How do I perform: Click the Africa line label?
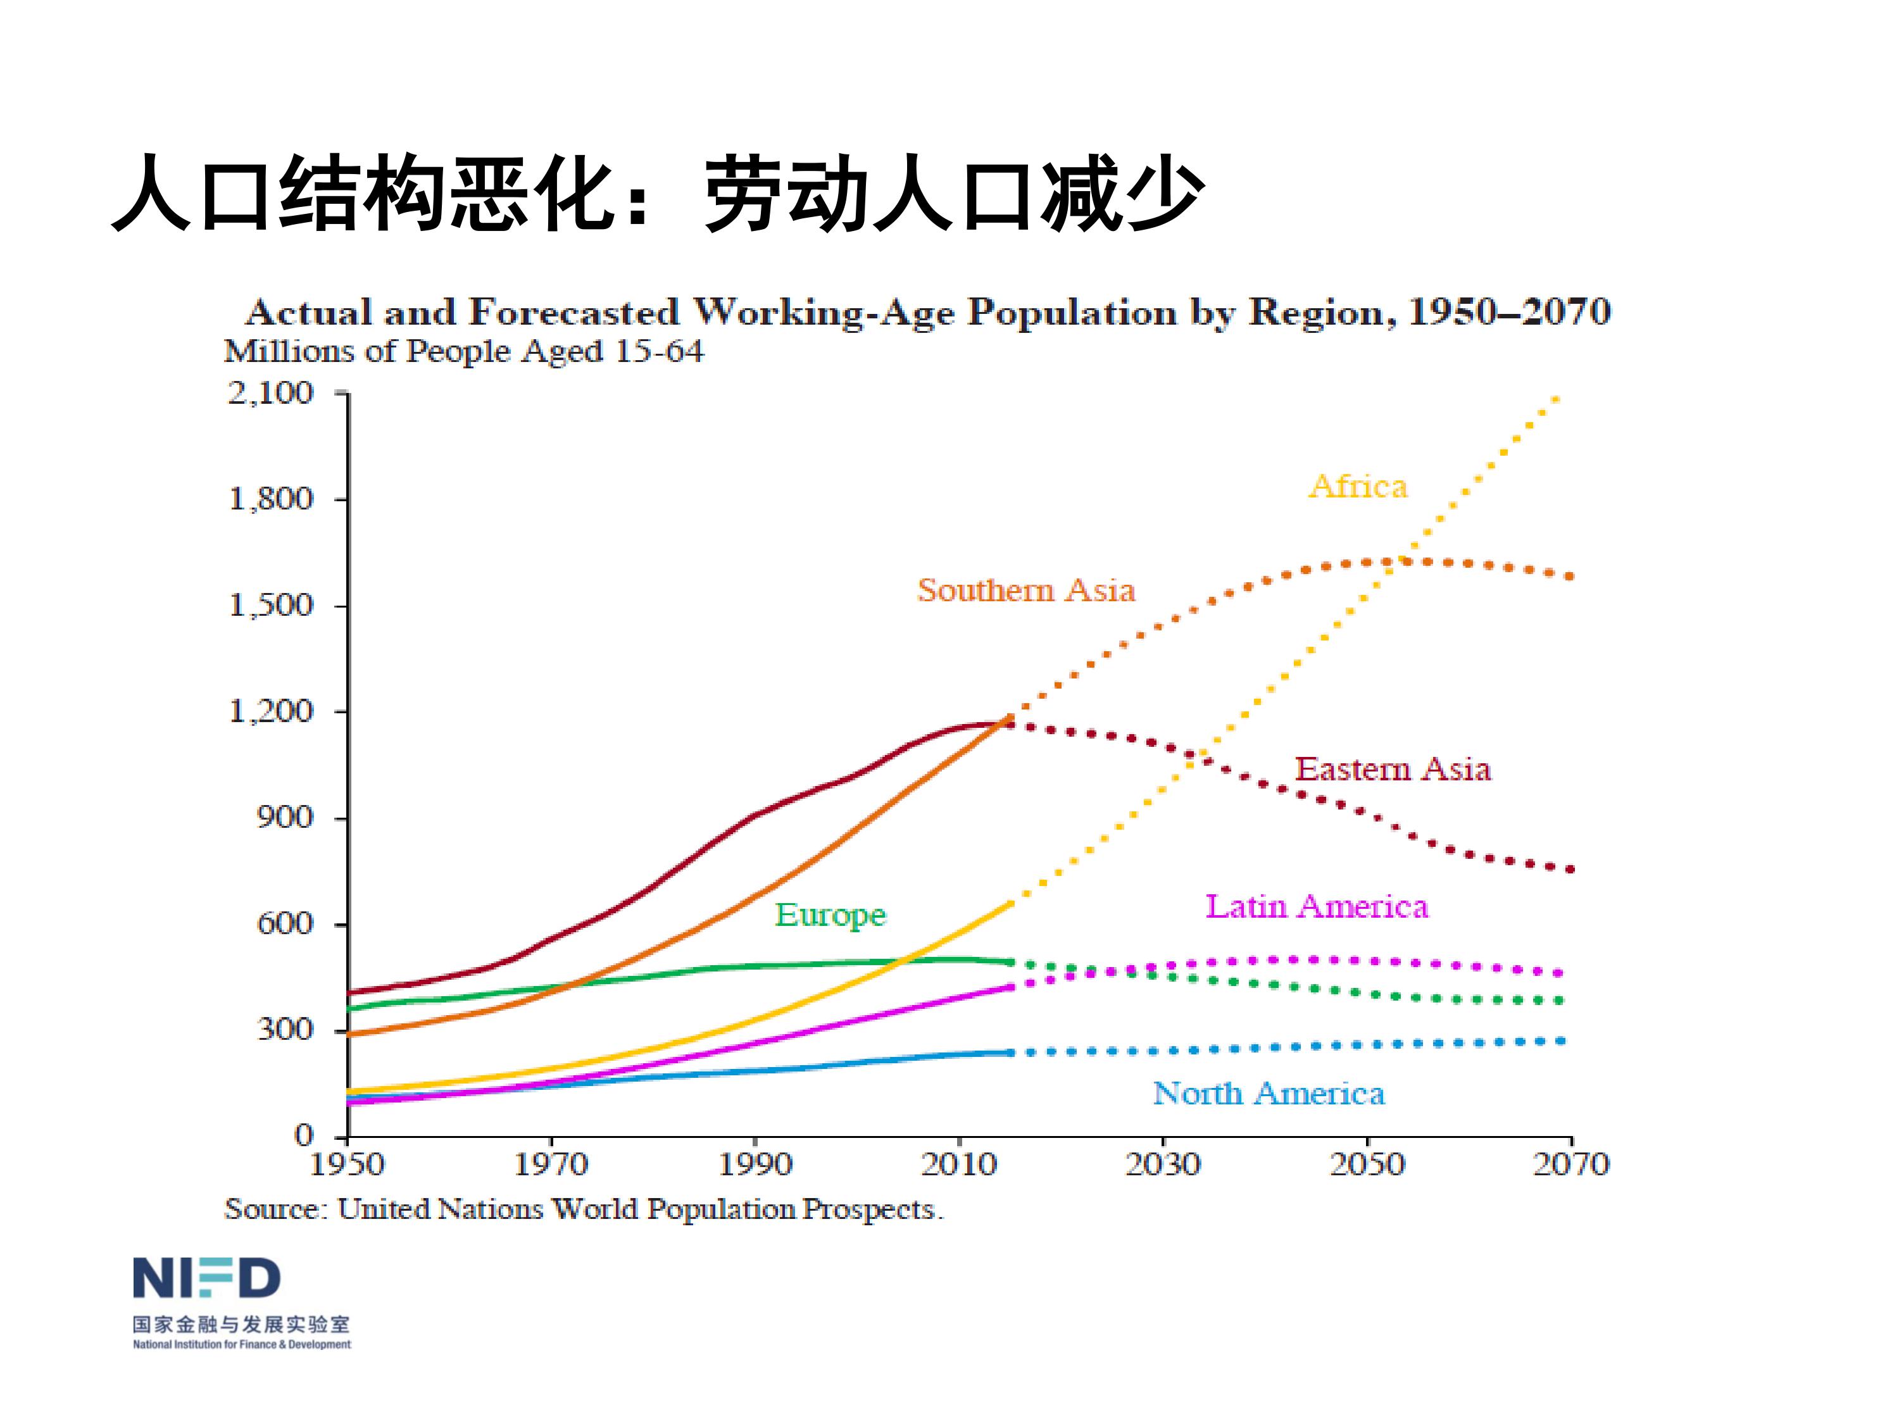1358,487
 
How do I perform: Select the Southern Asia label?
1026,590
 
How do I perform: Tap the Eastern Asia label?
1393,769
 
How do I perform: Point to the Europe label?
830,915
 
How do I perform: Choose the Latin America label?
1317,906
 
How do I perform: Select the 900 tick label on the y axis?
285,817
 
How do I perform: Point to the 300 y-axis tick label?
285,1029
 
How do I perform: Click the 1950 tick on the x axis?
347,1165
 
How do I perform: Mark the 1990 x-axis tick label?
755,1165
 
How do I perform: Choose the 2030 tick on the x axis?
1162,1165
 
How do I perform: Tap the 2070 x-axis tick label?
1571,1165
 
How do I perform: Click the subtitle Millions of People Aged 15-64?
463,352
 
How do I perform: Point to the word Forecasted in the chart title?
573,313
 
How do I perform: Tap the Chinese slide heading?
657,194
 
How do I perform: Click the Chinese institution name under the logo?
241,1325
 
